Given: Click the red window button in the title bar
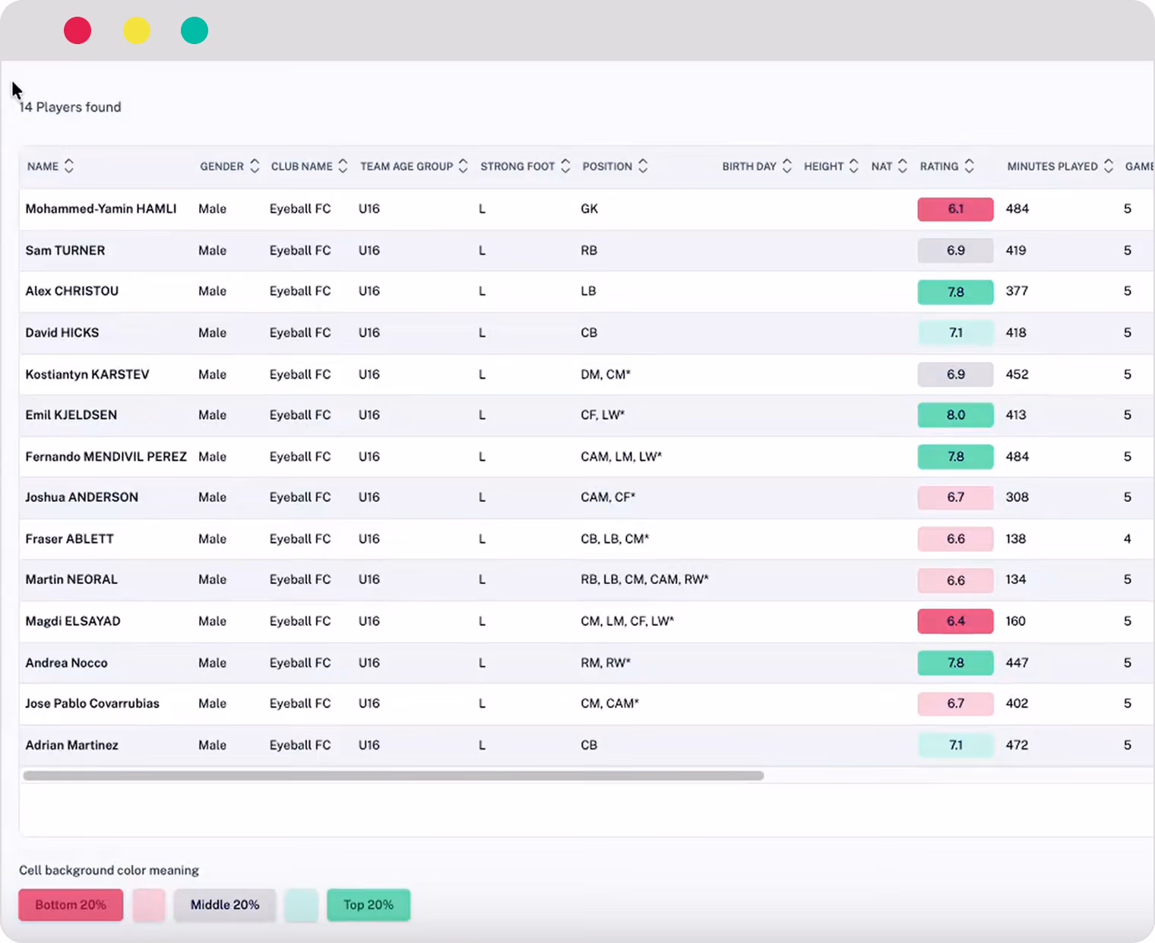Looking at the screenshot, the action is pyautogui.click(x=78, y=30).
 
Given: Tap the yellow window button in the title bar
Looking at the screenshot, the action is pyautogui.click(x=136, y=30).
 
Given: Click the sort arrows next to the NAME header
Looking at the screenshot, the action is pyautogui.click(x=69, y=166).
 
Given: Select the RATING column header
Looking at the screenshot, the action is pyautogui.click(x=938, y=166).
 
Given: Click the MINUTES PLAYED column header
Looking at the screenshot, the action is pyautogui.click(x=1052, y=166).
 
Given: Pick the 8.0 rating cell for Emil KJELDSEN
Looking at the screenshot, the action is pyautogui.click(x=955, y=415).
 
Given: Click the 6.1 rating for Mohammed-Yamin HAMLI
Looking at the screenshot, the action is pyautogui.click(x=955, y=209).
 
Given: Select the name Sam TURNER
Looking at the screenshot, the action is pyautogui.click(x=65, y=250).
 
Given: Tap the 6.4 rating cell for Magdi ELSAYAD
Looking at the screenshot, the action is pyautogui.click(x=955, y=621).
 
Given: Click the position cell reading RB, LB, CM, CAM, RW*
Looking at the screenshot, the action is pyautogui.click(x=644, y=579).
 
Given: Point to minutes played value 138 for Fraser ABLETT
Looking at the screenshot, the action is pyautogui.click(x=1015, y=539).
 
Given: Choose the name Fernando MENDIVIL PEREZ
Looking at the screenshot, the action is pyautogui.click(x=106, y=457).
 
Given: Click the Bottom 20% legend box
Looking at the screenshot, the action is pyautogui.click(x=71, y=905).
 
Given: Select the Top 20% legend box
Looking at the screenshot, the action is pyautogui.click(x=369, y=905).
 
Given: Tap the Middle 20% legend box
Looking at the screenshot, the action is pyautogui.click(x=224, y=905).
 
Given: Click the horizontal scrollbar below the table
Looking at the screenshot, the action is pyautogui.click(x=393, y=775).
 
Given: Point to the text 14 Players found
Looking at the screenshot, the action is pyautogui.click(x=70, y=107).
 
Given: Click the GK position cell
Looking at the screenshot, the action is pyautogui.click(x=589, y=209).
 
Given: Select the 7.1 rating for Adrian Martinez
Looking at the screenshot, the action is pyautogui.click(x=955, y=745).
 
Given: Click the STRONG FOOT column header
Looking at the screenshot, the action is pyautogui.click(x=517, y=166).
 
